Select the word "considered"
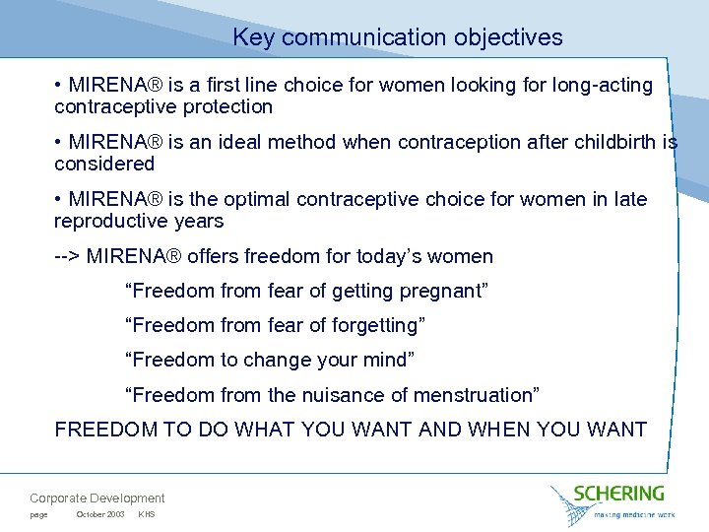[104, 164]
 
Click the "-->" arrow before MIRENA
[67, 257]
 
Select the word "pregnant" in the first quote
[445, 292]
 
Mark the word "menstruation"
[477, 395]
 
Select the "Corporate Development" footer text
[97, 499]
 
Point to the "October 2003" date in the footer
[99, 515]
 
